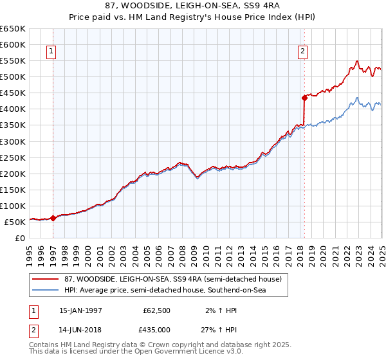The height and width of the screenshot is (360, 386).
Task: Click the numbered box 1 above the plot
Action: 51,53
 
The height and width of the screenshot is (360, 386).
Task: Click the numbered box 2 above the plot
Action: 302,53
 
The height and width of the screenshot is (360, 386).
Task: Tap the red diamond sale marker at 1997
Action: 53,218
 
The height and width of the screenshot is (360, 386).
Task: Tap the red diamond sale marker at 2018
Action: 305,98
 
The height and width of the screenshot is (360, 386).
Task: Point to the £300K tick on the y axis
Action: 13,141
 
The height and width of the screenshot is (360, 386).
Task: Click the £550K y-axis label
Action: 13,61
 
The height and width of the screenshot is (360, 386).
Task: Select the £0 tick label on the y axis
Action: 19,238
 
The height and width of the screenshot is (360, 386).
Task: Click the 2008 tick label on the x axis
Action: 182,251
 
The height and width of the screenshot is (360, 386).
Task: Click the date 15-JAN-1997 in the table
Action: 80,310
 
